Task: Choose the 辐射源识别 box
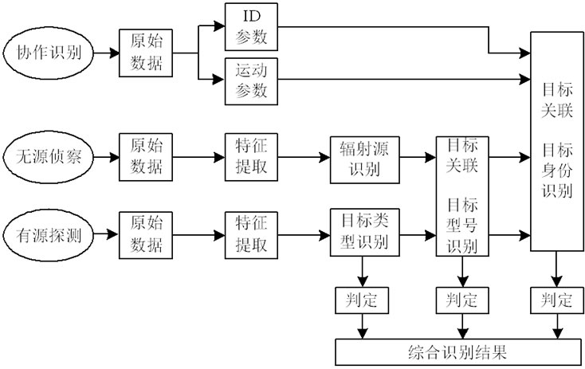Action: click(364, 157)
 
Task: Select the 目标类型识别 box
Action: click(364, 233)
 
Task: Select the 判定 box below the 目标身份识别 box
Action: click(555, 300)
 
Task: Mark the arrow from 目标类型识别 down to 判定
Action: click(363, 272)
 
